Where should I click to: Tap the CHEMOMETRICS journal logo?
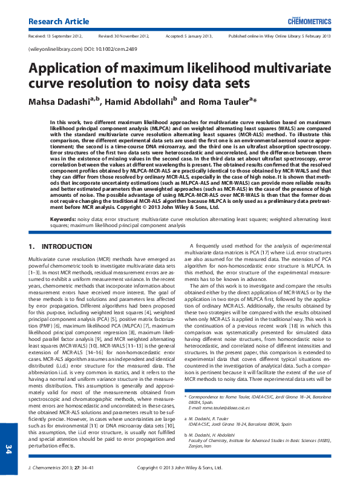[x=310, y=21]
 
